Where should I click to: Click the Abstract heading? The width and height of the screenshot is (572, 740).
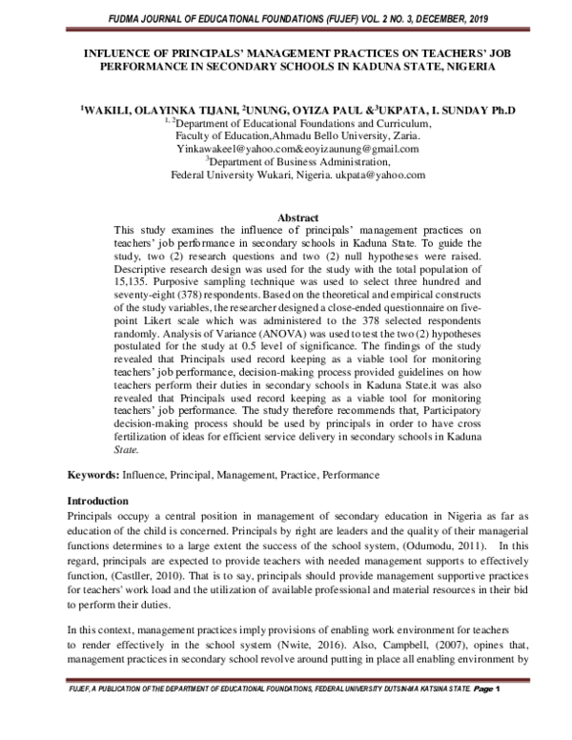(286, 218)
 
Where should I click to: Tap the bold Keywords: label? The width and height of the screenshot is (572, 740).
(92, 474)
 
